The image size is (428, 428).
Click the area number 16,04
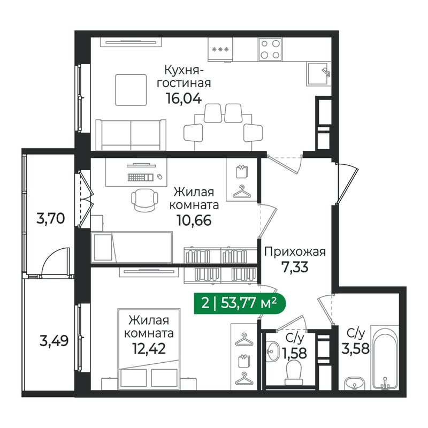click(184, 98)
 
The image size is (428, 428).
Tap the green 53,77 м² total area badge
click(239, 303)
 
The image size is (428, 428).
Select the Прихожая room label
click(295, 251)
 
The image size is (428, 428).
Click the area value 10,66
click(194, 220)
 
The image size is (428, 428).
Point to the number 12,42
click(149, 348)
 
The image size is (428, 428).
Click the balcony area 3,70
click(50, 219)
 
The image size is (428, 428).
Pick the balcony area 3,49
click(54, 341)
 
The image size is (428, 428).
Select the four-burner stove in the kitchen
click(270, 49)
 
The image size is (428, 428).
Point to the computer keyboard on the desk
click(140, 178)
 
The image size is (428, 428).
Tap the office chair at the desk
click(144, 200)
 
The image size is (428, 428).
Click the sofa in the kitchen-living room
click(131, 135)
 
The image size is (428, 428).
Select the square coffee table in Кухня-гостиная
click(131, 90)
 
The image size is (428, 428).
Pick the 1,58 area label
click(295, 353)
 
